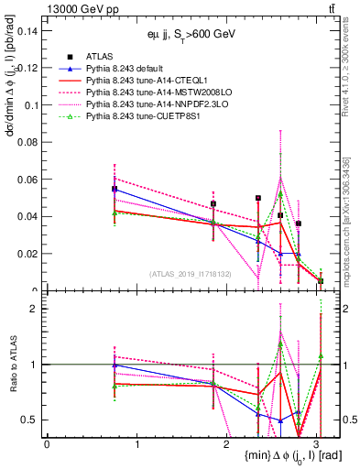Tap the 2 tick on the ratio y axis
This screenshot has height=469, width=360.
[x=37, y=309]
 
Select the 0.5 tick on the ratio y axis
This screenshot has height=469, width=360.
[x=33, y=420]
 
